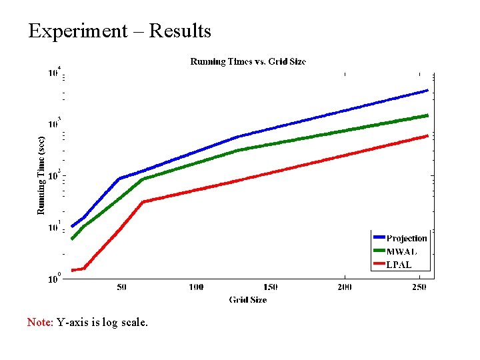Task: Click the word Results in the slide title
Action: (x=180, y=31)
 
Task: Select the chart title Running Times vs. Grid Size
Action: (x=248, y=62)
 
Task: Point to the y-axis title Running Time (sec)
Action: (x=41, y=171)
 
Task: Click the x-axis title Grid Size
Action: (x=248, y=300)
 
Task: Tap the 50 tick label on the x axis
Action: (x=122, y=287)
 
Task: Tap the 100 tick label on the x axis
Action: (x=196, y=287)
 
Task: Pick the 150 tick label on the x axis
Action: (x=270, y=287)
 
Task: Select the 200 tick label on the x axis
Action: (x=344, y=287)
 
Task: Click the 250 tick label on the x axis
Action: (x=419, y=287)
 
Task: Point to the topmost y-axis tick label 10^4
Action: (x=54, y=72)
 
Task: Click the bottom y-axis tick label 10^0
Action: (x=54, y=279)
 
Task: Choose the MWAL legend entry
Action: (x=399, y=251)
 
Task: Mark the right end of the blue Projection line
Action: (x=427, y=91)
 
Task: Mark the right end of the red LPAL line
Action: (x=427, y=136)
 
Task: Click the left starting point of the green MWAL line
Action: (x=72, y=239)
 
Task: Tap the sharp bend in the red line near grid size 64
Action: (x=143, y=201)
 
